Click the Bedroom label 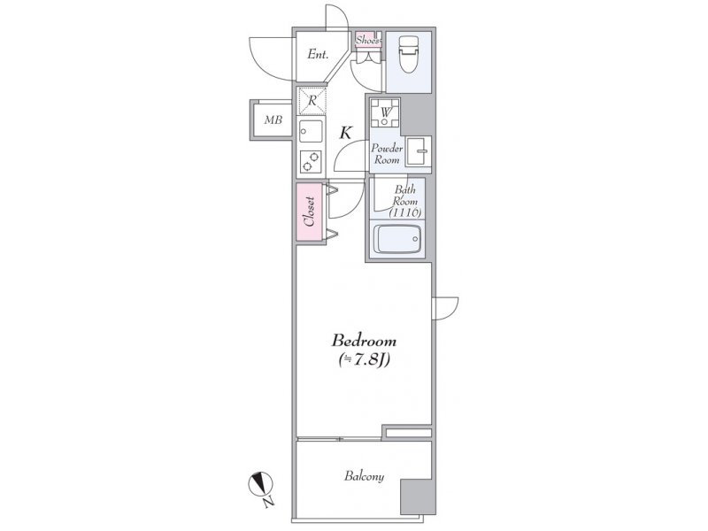coord(364,340)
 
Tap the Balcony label coord(364,476)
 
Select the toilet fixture coord(408,54)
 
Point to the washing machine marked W coord(385,112)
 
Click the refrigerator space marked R coord(312,101)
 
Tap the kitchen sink coord(312,131)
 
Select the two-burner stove coord(312,161)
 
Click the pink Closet coord(311,212)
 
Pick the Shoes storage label coord(367,40)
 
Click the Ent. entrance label coord(318,55)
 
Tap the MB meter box coord(273,119)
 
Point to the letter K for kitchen coord(345,133)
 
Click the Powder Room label coord(387,153)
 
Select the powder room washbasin coord(418,150)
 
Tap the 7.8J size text coord(365,360)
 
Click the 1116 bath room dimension coord(405,212)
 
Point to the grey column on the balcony coord(418,496)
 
